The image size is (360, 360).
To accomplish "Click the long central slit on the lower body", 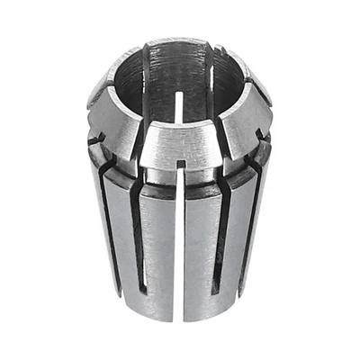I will click(183, 243).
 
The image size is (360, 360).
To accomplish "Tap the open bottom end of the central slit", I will click(183, 318).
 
